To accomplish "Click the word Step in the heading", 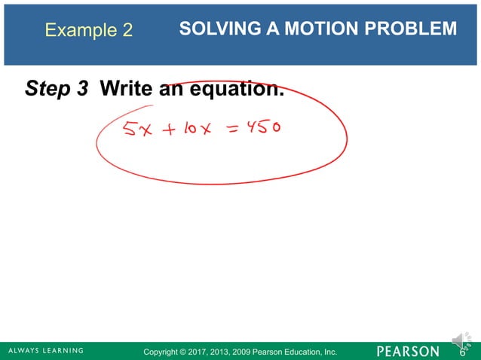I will pyautogui.click(x=47, y=90).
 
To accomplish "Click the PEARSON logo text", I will pyautogui.click(x=406, y=351).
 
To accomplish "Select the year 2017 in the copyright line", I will pyautogui.click(x=204, y=352).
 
